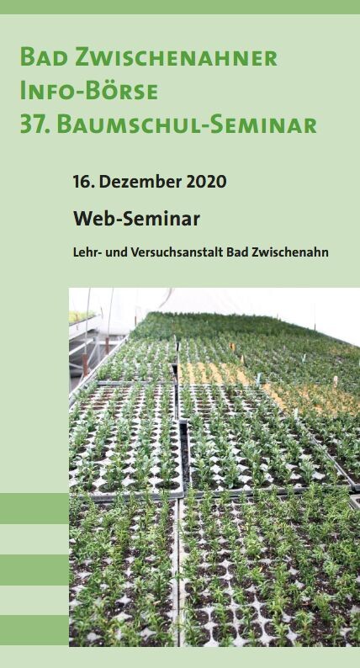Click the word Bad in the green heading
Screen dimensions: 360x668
point(44,57)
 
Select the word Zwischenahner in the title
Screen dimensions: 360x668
point(177,57)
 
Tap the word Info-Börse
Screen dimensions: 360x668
point(89,91)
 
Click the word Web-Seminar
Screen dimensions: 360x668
point(137,219)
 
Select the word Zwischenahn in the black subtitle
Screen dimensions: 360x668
point(290,252)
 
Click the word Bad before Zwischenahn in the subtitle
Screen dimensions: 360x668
point(237,252)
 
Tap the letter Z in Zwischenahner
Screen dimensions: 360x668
point(83,57)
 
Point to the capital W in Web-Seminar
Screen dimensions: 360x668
point(83,219)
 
